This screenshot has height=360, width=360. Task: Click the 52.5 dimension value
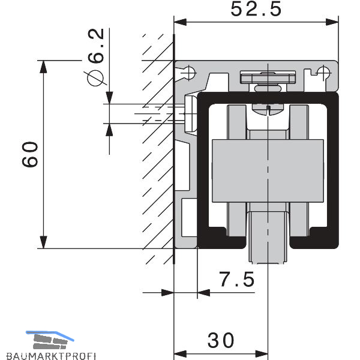coord(256,9)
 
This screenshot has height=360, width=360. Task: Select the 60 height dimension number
coord(30,155)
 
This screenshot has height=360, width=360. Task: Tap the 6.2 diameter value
coord(96,46)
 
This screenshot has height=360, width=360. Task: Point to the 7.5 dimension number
coord(237,279)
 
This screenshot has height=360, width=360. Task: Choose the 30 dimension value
coord(221,340)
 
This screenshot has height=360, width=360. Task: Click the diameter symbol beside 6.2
coord(95,77)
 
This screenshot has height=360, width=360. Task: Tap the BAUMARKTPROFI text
coord(51,356)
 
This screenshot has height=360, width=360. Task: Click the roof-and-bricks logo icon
coord(50,340)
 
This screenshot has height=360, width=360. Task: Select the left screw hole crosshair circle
coord(189,73)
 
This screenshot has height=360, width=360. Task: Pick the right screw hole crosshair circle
coord(323,73)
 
